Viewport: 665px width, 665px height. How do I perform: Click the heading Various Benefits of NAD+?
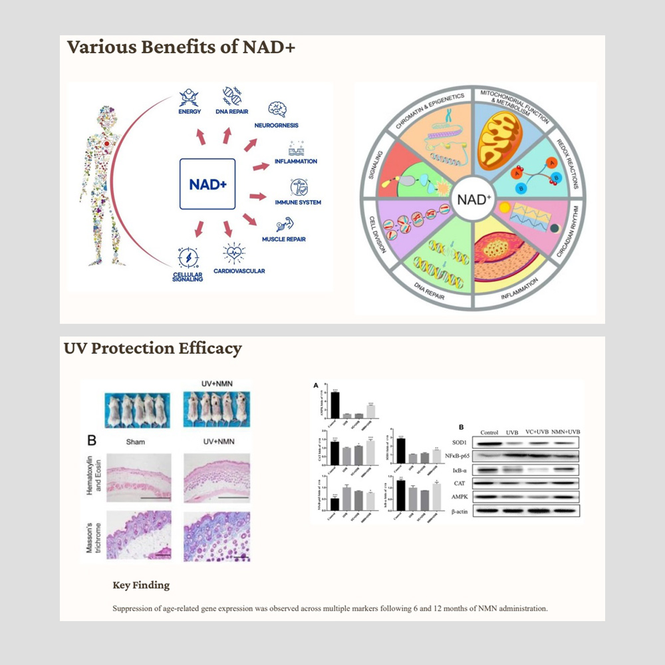click(180, 49)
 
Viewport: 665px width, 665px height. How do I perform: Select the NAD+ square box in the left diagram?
click(206, 184)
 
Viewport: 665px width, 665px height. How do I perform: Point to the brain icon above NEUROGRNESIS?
click(277, 108)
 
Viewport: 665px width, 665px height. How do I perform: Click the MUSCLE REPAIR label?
click(283, 239)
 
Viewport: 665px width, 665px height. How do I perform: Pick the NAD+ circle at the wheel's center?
click(474, 198)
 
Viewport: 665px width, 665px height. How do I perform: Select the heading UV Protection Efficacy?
click(153, 348)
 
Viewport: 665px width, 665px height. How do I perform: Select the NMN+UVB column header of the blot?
click(557, 431)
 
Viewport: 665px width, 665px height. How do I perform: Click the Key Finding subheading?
click(141, 585)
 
